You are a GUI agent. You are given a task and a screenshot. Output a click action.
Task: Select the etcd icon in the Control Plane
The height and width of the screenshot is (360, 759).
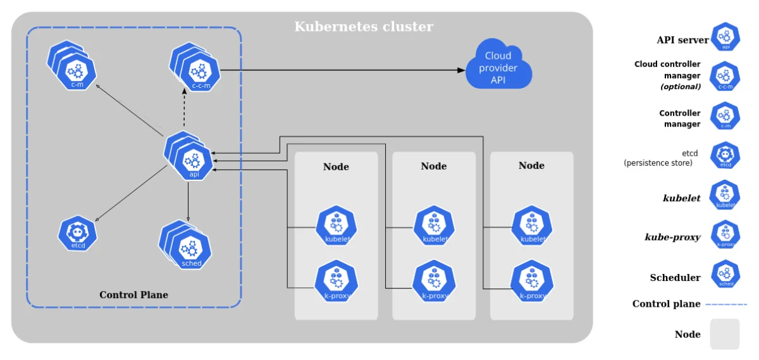coord(77,234)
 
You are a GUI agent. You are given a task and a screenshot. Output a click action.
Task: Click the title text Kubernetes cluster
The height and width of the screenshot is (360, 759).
coord(364,27)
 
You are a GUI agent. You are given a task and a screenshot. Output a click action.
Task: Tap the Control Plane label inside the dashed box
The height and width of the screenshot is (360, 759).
coord(133,295)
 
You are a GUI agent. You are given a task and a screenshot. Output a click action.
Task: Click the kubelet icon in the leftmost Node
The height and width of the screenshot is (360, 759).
coord(336,226)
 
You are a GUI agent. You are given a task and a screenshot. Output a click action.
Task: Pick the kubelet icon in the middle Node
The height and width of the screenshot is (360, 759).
coord(435,226)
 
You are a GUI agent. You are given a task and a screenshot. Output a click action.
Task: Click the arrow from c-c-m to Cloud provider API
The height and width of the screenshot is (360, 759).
coord(342,70)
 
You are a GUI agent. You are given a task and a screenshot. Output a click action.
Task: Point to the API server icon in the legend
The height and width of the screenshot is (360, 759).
coord(725,37)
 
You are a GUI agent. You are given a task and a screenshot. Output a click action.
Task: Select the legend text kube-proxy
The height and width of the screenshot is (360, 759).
coord(672,237)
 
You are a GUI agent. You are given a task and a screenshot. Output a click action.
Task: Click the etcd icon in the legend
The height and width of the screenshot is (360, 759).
coord(725,156)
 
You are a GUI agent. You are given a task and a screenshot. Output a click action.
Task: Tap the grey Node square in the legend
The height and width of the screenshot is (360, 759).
coord(725,334)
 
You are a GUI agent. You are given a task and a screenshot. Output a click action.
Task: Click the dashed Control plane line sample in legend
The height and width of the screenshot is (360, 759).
coord(725,304)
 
